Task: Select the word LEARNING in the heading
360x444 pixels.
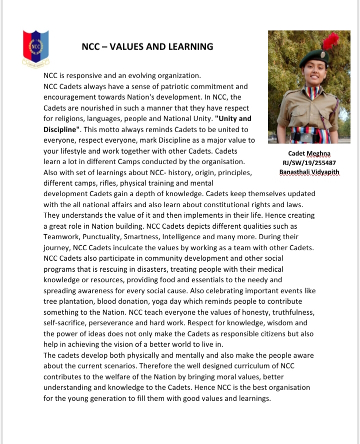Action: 189,47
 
